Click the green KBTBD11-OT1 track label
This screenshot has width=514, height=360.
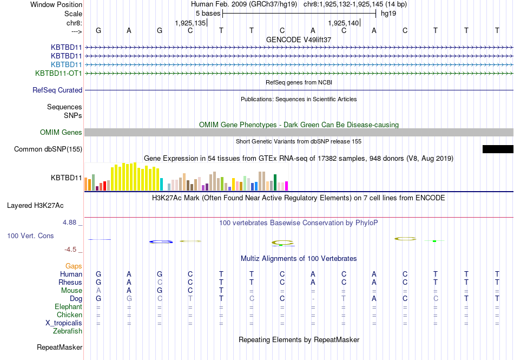(x=58, y=73)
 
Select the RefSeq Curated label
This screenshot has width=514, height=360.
(x=57, y=90)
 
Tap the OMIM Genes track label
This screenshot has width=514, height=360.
(x=61, y=133)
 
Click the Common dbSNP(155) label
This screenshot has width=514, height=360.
(x=48, y=149)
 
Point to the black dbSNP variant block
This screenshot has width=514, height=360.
(x=498, y=149)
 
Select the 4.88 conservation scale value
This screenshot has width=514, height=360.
(x=73, y=222)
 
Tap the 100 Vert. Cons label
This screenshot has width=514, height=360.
(x=31, y=236)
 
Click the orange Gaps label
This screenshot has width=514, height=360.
(x=74, y=266)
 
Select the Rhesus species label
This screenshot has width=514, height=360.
(x=70, y=283)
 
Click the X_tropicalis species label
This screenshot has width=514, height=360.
(x=64, y=323)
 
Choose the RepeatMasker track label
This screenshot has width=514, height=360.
(x=60, y=347)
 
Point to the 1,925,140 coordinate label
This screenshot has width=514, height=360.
(x=344, y=23)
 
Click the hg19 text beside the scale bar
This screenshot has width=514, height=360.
(x=388, y=13)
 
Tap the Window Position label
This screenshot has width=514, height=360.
(x=56, y=4)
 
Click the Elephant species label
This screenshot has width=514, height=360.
(x=68, y=307)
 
